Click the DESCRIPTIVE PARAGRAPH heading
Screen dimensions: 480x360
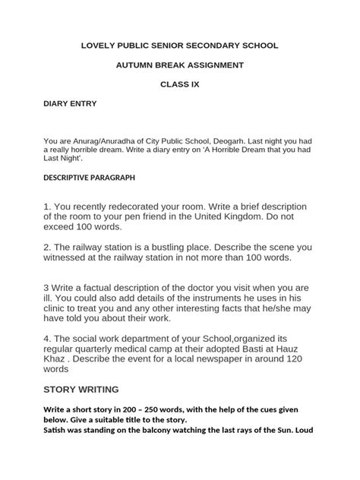pos(89,177)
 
